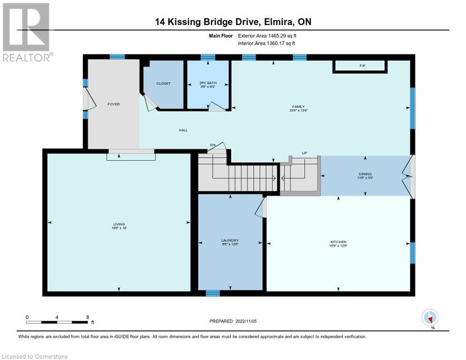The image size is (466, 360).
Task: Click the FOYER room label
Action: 113,104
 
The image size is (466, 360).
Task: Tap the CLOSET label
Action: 164,83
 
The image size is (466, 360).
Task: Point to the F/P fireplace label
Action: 362,66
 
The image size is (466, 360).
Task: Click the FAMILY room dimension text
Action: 298,111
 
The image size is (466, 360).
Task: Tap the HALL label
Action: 183,130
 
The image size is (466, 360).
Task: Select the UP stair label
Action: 304,153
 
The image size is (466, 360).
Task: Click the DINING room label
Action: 365,174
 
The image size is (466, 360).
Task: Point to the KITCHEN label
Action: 338,242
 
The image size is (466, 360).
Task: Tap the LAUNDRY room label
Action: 230,240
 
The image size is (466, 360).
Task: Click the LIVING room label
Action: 119,224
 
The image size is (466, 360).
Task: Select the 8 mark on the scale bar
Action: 88,317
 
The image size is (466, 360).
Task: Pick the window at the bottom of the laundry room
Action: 212,293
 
